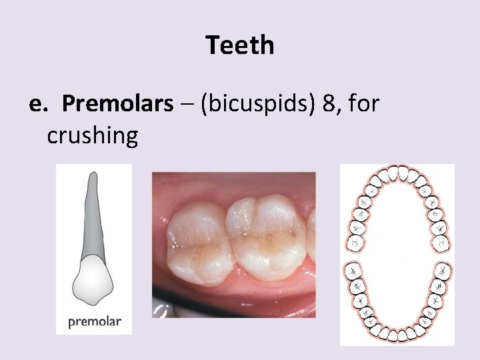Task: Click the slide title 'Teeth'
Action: pos(240,45)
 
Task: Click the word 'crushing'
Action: pos(92,135)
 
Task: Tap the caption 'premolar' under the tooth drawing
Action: pos(94,321)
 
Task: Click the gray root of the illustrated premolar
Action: pos(91,220)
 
